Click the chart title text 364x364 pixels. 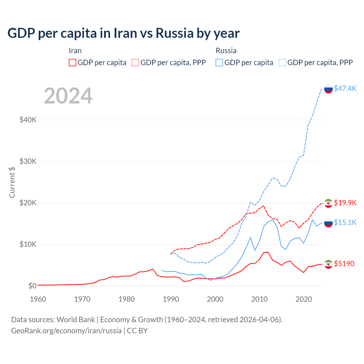tap(123, 33)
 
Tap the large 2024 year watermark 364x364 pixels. tap(68, 96)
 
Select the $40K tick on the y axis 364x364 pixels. tap(28, 120)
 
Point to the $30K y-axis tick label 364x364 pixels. tap(28, 161)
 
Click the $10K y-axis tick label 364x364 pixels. tap(28, 244)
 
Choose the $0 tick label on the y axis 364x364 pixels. tap(32, 286)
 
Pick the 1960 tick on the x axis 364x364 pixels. tap(38, 299)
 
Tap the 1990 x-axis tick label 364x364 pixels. tap(171, 299)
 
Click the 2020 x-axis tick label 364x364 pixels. tap(304, 299)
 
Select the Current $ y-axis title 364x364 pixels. tap(12, 182)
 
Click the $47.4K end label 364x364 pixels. tap(345, 88)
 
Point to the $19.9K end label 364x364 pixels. tap(345, 203)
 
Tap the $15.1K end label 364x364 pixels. tap(345, 222)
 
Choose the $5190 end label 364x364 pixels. tap(344, 264)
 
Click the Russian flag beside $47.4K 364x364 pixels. tap(328, 89)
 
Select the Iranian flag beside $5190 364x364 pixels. tap(328, 264)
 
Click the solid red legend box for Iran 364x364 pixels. tap(73, 63)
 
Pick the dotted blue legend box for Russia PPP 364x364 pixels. tap(282, 63)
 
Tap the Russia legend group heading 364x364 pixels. tap(226, 51)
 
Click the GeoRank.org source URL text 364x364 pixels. tap(66, 331)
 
